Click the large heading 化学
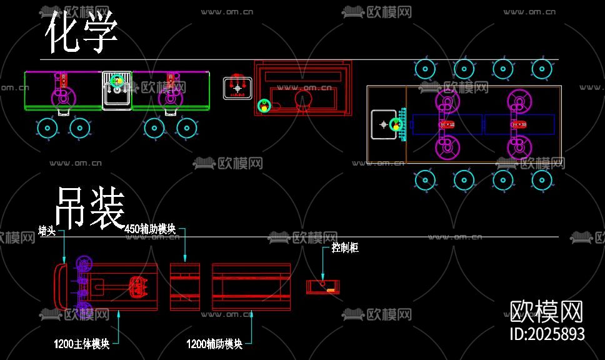[x=81, y=32]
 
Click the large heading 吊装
[x=91, y=208]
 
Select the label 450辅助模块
[x=151, y=229]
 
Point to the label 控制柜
[x=345, y=248]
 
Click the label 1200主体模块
[x=82, y=343]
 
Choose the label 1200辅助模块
[x=214, y=344]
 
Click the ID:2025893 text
[x=547, y=334]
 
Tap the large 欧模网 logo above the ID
[x=547, y=311]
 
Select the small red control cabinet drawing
[x=324, y=287]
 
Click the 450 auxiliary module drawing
[x=185, y=287]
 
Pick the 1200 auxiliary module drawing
[x=251, y=287]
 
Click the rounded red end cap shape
[x=61, y=287]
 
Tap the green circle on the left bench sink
[x=116, y=81]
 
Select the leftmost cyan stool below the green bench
[x=47, y=128]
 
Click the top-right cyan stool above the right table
[x=542, y=69]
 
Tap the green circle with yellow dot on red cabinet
[x=264, y=106]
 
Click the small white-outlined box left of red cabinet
[x=237, y=88]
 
